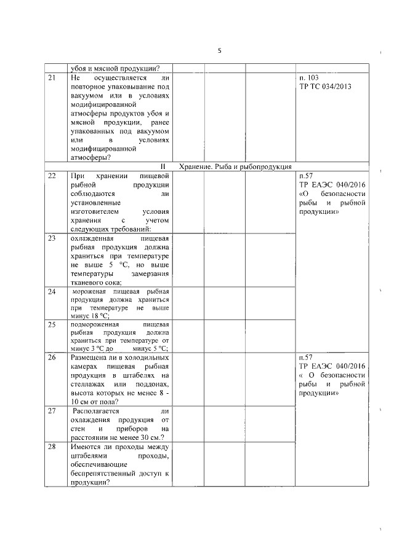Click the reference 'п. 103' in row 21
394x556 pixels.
[x=308, y=79]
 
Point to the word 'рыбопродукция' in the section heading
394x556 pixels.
[x=267, y=166]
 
